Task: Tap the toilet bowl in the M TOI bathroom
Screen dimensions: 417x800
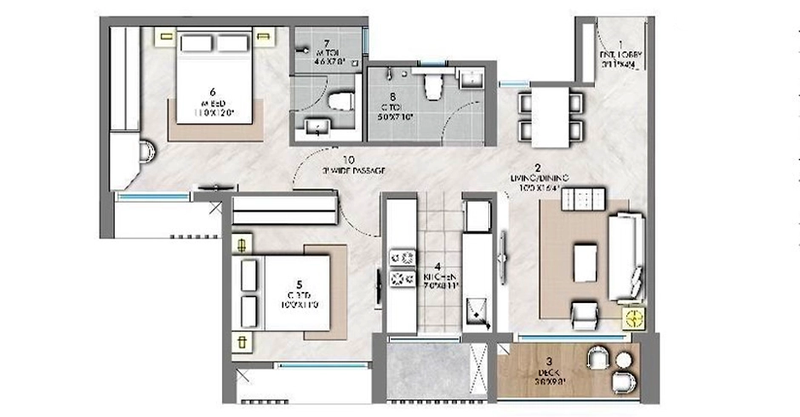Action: (x=342, y=100)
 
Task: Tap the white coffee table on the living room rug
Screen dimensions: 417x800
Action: (x=586, y=262)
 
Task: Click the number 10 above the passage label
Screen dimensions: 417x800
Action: (x=348, y=159)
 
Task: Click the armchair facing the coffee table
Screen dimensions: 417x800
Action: (x=584, y=315)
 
